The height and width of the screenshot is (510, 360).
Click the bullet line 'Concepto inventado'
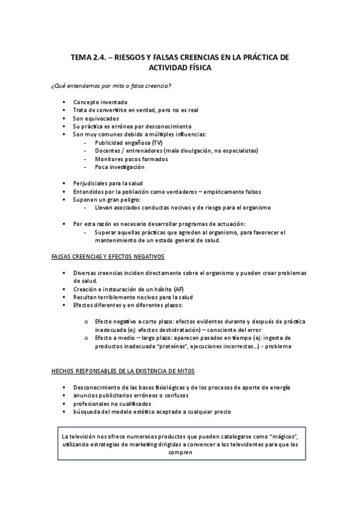tap(100, 102)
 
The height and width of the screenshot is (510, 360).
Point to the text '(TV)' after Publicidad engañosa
tap(157, 143)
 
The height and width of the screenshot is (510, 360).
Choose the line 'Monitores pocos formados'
tap(131, 159)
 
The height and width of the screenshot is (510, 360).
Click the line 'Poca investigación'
tap(120, 167)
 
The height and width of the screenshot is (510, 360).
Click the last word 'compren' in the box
tap(180, 453)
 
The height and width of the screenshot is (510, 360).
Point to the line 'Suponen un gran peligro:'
tap(106, 199)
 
